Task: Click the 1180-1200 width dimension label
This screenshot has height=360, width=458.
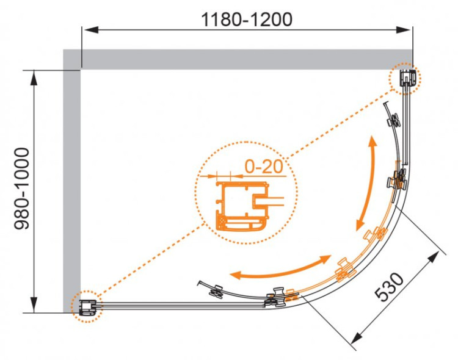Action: coord(247,20)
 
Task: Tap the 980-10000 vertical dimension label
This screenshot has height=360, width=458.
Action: coord(22,189)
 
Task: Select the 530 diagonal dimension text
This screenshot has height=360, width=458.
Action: coord(390,287)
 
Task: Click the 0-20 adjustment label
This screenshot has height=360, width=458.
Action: coord(264,167)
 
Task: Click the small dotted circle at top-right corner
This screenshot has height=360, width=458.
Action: coord(404,78)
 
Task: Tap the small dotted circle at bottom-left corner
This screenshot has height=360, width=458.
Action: coord(87,306)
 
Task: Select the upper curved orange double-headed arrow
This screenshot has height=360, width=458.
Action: coord(366,183)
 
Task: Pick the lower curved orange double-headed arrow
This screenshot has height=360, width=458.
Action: coord(280,268)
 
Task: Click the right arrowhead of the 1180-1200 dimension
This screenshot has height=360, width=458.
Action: coord(404,30)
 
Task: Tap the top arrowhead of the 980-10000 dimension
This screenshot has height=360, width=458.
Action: coord(34,77)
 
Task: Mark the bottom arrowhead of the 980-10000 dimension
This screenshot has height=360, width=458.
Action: coord(34,305)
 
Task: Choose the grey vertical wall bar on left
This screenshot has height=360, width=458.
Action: coord(72,181)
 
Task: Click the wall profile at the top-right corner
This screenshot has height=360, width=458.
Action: coord(407,78)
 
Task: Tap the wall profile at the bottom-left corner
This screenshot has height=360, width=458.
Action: coord(87,307)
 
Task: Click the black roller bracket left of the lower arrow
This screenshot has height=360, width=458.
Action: coord(216,291)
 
